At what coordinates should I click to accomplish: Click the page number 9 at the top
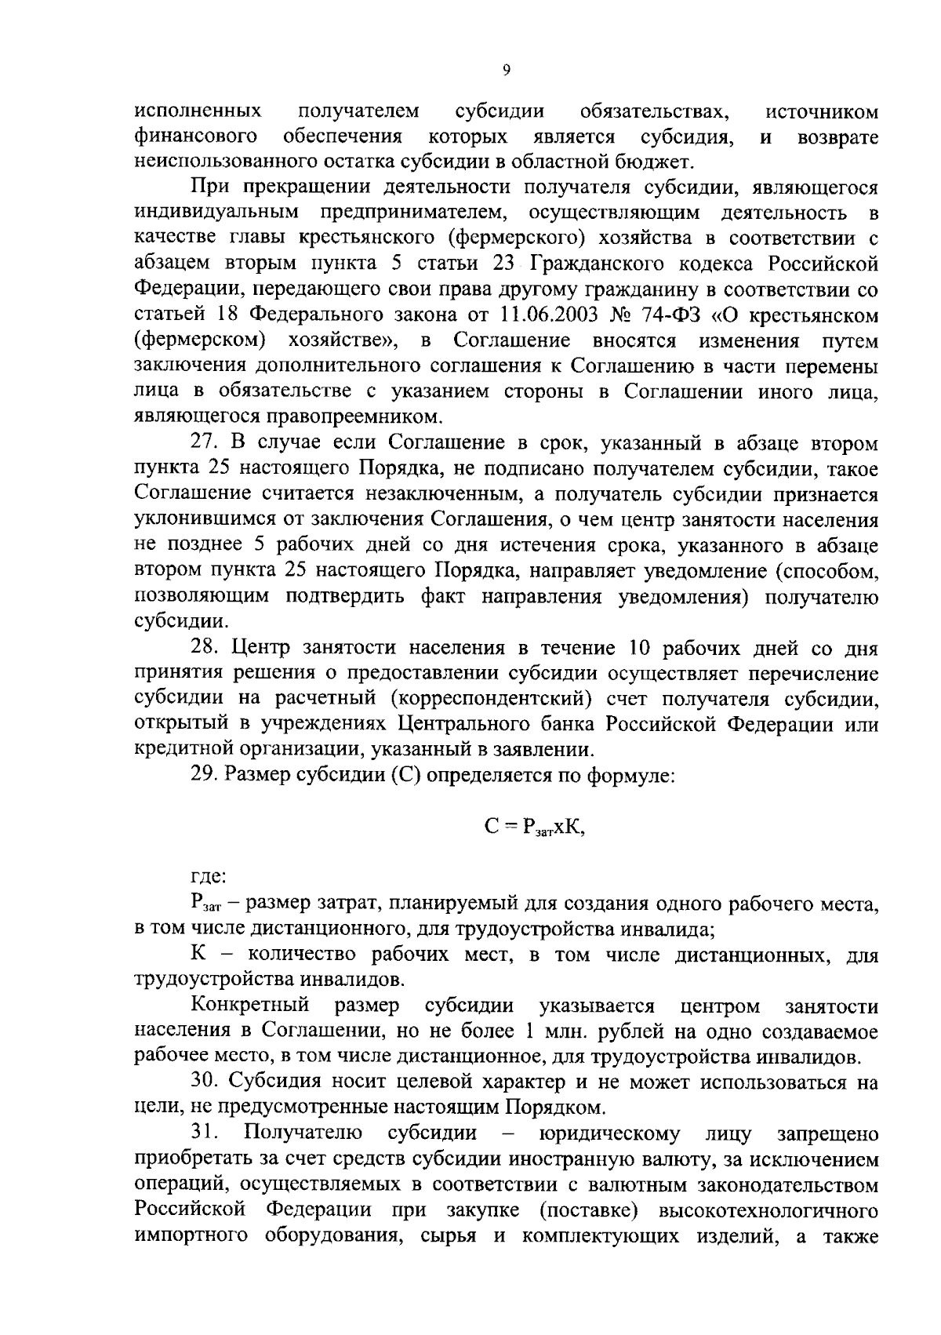(x=506, y=71)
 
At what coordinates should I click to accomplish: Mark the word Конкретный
(x=251, y=1006)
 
